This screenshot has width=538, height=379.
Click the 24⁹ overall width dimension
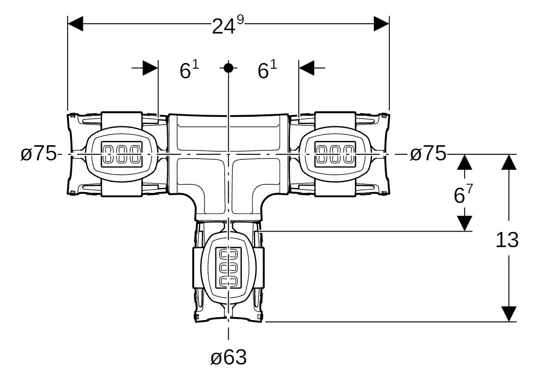[x=228, y=24]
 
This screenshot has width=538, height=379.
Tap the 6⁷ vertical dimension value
[x=463, y=194]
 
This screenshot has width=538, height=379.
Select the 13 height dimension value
[x=507, y=240]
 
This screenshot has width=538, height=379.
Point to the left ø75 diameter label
[x=38, y=154]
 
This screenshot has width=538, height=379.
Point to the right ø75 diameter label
[x=428, y=154]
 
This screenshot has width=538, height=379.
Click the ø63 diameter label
[x=229, y=358]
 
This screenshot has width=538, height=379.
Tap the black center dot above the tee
[x=228, y=68]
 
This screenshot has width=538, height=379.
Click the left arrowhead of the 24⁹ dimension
[x=76, y=24]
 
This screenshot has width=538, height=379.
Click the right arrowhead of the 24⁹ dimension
[x=382, y=24]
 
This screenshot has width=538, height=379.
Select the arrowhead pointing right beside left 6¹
[x=150, y=68]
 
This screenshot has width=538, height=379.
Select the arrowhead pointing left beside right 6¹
[x=306, y=68]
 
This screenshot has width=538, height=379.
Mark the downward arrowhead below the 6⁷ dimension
[x=465, y=223]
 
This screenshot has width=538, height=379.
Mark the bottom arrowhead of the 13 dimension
[x=509, y=314]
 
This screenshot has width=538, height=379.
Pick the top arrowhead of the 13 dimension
[x=509, y=162]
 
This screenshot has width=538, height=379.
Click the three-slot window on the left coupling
[x=122, y=154]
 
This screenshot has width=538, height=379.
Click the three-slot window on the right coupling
[x=335, y=154]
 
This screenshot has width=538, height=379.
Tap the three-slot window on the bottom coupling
[x=229, y=268]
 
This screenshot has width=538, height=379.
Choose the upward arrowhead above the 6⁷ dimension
[x=465, y=162]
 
